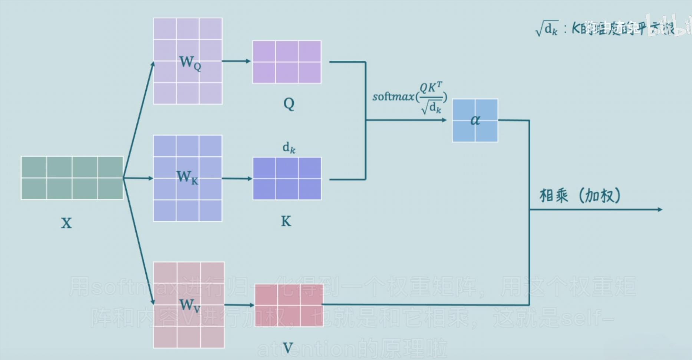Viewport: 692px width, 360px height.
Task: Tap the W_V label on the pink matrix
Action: tap(190, 305)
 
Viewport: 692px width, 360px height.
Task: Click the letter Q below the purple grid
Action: tap(289, 104)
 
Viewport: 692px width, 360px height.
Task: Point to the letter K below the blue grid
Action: tap(286, 221)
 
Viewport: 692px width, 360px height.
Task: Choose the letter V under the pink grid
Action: tap(288, 348)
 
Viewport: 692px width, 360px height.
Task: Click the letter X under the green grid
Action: tap(66, 223)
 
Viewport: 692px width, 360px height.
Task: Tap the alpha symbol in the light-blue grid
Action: tap(475, 120)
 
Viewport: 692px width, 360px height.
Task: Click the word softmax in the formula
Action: tap(393, 97)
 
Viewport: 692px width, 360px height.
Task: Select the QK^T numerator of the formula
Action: tap(431, 87)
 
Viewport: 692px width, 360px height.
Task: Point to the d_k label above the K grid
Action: tap(289, 148)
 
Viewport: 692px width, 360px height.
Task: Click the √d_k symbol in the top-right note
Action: tap(547, 29)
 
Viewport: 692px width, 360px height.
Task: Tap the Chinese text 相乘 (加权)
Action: tap(580, 196)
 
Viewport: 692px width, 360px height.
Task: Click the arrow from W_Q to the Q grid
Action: tap(237, 61)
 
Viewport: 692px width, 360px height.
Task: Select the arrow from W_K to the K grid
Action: tap(237, 178)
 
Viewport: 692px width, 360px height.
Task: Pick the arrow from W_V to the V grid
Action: tap(239, 305)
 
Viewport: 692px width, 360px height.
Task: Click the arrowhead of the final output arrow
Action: tap(660, 209)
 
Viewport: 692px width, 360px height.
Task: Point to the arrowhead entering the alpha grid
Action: tap(444, 120)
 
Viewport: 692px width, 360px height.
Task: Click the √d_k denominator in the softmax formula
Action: tap(431, 108)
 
